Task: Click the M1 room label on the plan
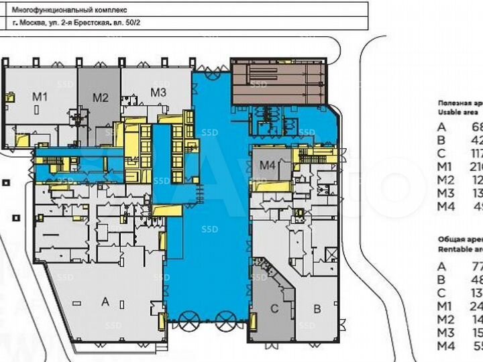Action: (41, 97)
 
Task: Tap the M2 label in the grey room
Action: (100, 97)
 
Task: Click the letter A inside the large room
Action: (105, 302)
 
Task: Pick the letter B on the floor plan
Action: (317, 309)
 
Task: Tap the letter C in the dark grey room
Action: (274, 309)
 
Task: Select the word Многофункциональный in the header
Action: (65, 9)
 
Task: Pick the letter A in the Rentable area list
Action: (441, 266)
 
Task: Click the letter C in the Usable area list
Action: (441, 153)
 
